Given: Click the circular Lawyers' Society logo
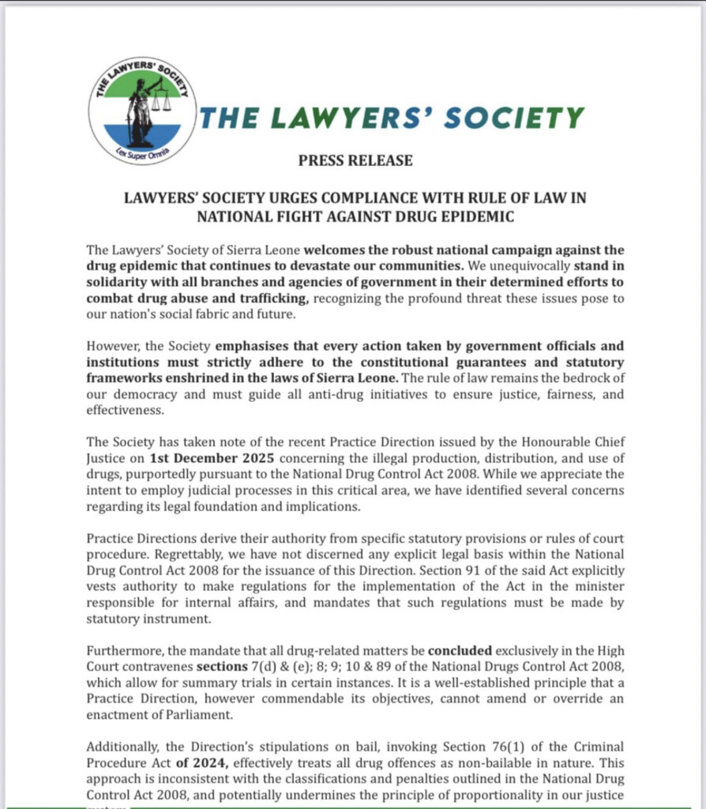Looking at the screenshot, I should point(142,111).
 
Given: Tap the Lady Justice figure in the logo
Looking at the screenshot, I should point(141,111).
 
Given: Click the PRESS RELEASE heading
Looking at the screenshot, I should point(355,160).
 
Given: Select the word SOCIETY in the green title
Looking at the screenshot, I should point(514,118).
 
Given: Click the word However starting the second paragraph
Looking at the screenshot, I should point(113,367).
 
